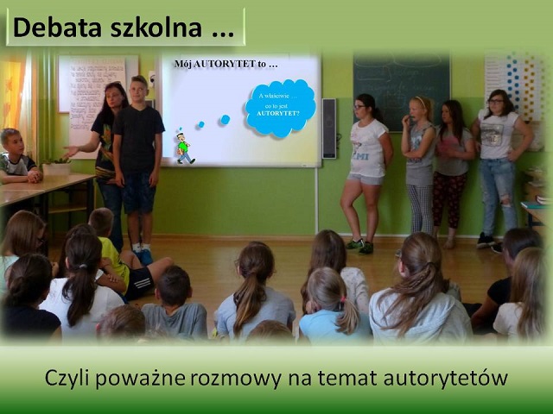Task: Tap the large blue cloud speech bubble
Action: [x=281, y=107]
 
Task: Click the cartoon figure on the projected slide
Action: [x=184, y=147]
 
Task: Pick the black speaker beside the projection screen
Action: [x=328, y=129]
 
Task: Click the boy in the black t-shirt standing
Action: [x=138, y=155]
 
